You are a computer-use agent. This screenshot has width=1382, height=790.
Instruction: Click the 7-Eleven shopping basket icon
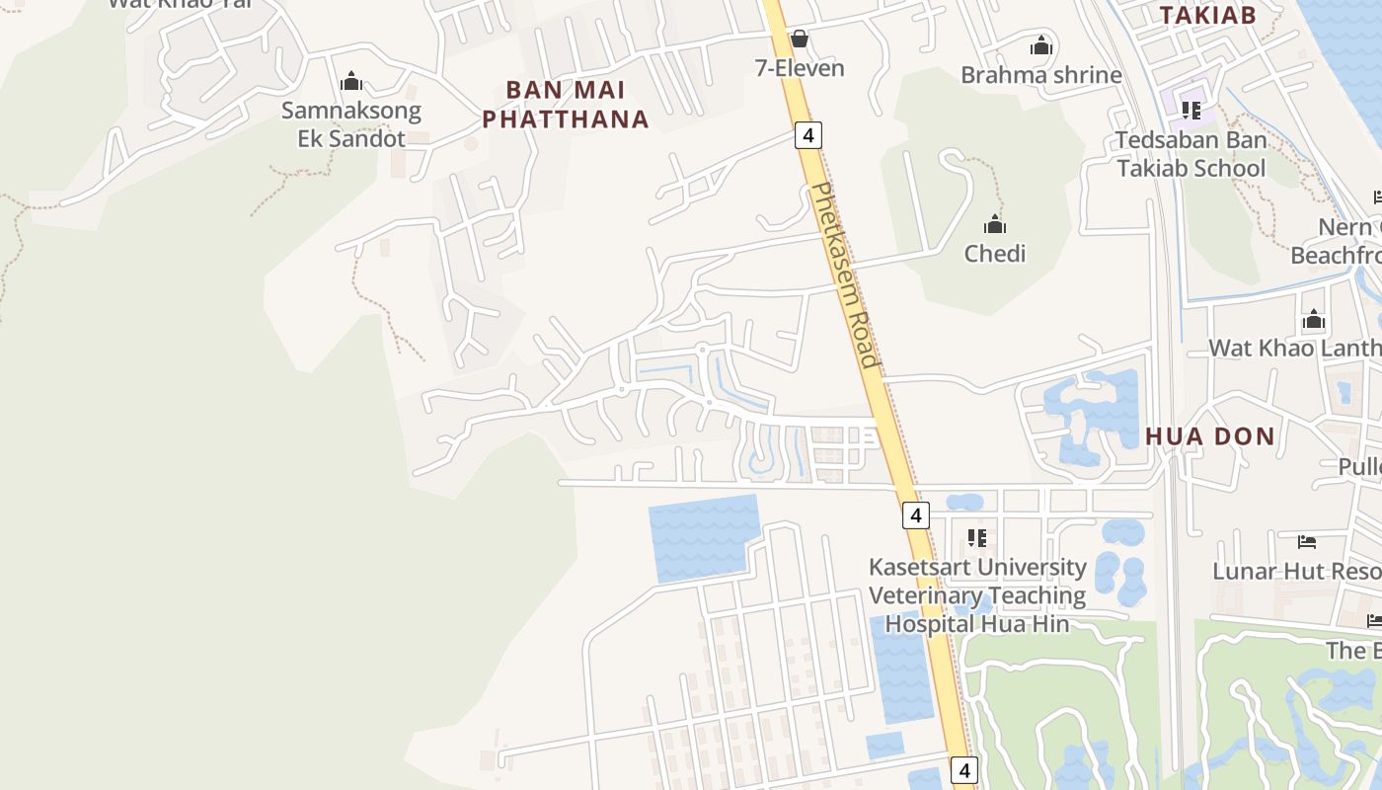[800, 39]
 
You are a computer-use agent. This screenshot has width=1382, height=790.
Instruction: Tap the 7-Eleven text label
[800, 68]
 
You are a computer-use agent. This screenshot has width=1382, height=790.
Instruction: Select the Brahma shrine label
[1040, 75]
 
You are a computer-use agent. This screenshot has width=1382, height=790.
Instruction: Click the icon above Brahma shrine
[1041, 46]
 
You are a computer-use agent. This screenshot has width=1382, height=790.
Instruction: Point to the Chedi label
[994, 254]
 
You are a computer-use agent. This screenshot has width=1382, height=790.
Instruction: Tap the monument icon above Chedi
[995, 224]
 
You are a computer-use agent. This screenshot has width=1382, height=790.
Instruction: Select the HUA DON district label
[1209, 436]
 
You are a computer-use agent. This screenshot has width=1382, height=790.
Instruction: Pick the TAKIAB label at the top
[1207, 15]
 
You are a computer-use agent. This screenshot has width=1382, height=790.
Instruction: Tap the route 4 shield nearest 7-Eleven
[808, 135]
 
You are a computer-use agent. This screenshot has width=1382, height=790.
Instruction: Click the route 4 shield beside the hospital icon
[916, 514]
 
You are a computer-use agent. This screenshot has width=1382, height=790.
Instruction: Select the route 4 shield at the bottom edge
[963, 770]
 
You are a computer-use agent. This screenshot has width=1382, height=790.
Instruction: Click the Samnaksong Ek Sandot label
[351, 124]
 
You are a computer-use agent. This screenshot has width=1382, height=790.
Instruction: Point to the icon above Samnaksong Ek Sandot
[351, 82]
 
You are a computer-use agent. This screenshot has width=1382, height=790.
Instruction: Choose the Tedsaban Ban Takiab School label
[1190, 154]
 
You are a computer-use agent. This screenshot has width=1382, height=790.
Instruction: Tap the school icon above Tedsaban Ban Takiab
[1191, 110]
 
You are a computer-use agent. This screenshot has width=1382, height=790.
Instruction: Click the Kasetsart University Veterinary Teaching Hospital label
[977, 595]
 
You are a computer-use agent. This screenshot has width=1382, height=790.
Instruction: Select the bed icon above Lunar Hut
[1307, 542]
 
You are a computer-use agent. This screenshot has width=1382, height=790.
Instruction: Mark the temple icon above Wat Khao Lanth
[1314, 320]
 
